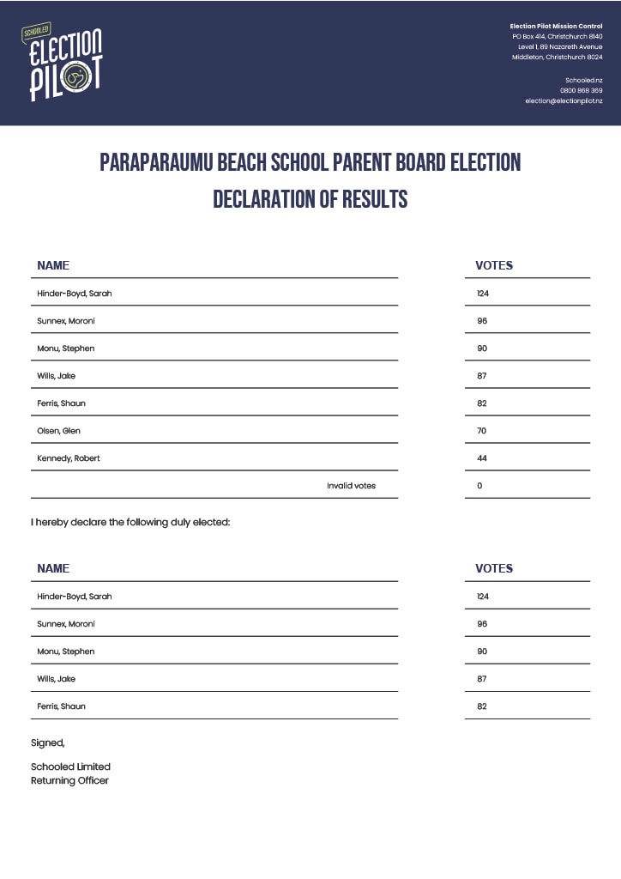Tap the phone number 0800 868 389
click(581, 90)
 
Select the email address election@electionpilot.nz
click(564, 101)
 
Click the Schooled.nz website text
click(583, 80)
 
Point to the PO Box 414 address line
click(557, 37)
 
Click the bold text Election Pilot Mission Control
click(556, 27)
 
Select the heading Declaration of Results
click(310, 199)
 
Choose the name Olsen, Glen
click(58, 431)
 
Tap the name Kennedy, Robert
click(69, 458)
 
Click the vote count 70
click(482, 431)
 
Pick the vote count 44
click(482, 458)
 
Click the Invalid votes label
click(351, 486)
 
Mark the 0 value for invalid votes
click(479, 486)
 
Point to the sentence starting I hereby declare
click(130, 521)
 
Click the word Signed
click(47, 743)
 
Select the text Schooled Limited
click(70, 767)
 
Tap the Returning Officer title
click(69, 780)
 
